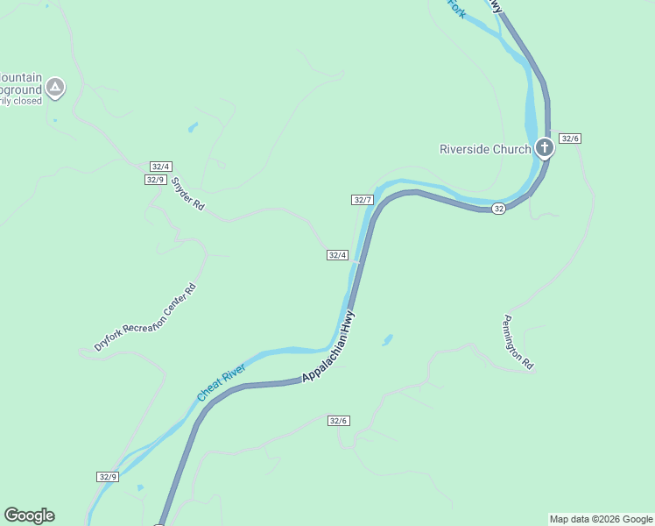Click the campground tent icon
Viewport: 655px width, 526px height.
tap(55, 87)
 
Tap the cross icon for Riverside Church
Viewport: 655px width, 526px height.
tap(545, 147)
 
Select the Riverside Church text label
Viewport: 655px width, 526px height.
tap(484, 149)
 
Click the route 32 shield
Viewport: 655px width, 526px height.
tap(498, 208)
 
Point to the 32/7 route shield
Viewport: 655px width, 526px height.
tap(363, 200)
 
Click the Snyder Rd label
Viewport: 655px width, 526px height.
tap(187, 194)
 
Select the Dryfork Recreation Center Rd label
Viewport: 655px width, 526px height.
tap(145, 318)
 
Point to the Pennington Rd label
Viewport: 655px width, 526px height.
tap(518, 342)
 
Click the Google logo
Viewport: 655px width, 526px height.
tap(29, 515)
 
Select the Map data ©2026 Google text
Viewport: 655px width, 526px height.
tap(601, 519)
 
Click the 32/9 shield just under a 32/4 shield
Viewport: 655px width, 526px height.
tap(155, 180)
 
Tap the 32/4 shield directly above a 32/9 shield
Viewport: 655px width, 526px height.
tap(161, 167)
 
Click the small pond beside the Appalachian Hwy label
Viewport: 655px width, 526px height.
tap(387, 338)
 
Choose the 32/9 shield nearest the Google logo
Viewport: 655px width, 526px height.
tap(107, 477)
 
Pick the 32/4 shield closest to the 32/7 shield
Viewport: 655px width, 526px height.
tap(338, 255)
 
